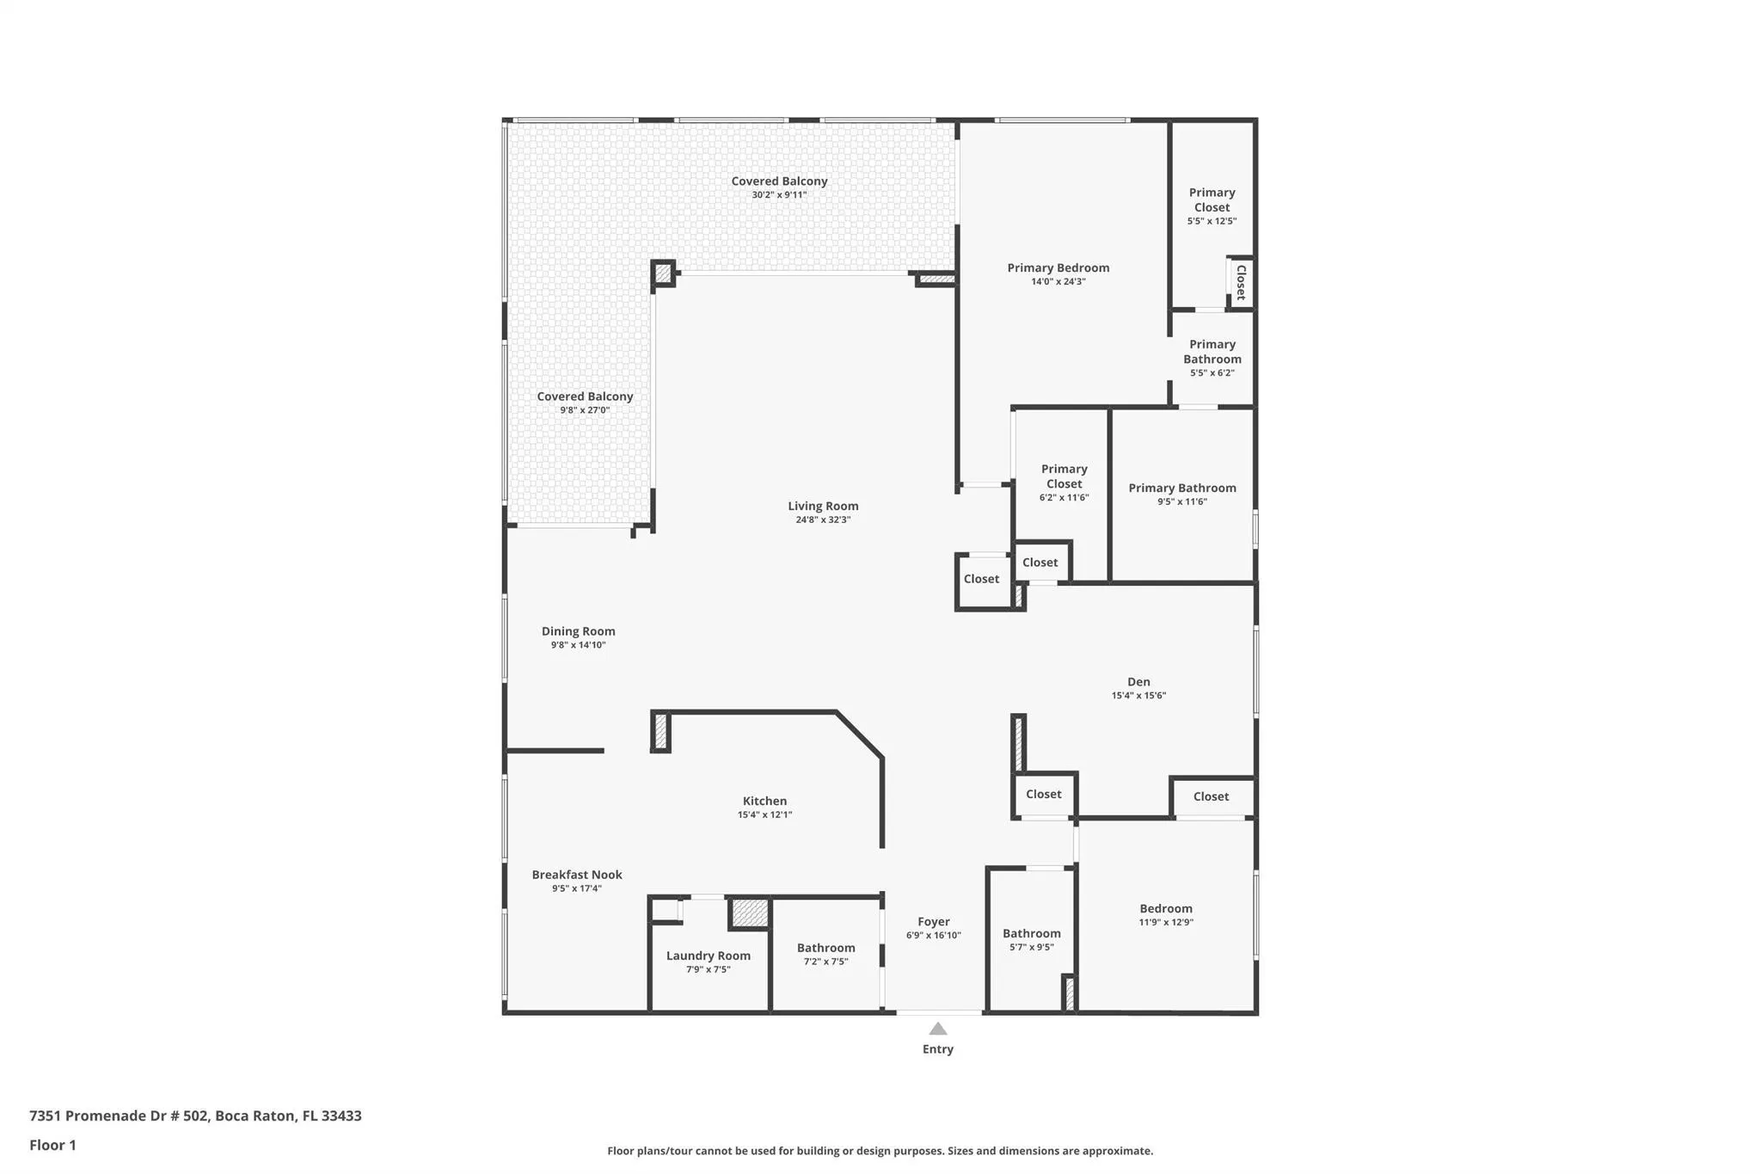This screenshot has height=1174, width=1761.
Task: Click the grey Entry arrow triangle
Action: tap(938, 1029)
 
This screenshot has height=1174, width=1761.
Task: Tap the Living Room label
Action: tap(823, 506)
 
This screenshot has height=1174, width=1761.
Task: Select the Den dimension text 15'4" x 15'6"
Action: tap(1138, 696)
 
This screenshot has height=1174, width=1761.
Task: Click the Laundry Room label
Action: tap(708, 956)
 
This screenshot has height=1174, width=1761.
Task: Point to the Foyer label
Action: tap(933, 921)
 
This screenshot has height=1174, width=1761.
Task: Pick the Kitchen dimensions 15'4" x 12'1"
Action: tap(764, 814)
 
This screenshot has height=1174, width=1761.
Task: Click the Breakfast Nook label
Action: tap(576, 875)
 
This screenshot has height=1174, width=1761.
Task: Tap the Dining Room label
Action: tap(578, 631)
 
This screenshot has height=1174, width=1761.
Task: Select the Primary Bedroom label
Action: tap(1058, 267)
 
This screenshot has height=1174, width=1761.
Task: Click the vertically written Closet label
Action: tap(1241, 282)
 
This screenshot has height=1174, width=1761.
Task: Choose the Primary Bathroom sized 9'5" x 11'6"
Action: tap(1181, 488)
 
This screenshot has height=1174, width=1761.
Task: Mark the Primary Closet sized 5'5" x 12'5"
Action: tap(1212, 200)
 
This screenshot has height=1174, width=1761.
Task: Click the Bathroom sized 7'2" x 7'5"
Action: tap(825, 948)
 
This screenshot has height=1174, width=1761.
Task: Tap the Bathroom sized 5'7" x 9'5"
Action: tap(1031, 933)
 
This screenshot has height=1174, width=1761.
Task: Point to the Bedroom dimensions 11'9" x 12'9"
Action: tap(1166, 922)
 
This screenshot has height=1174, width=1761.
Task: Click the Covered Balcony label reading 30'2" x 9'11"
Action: tap(779, 181)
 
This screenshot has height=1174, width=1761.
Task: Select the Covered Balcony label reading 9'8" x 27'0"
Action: tap(585, 396)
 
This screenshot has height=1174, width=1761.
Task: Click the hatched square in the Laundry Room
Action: tap(749, 913)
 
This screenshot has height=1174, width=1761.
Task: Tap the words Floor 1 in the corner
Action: tap(52, 1145)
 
